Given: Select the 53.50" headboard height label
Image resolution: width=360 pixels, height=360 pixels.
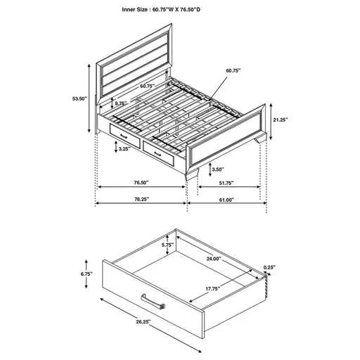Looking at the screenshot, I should coord(79,99).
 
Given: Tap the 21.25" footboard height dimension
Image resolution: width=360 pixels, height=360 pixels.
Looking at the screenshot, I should coord(280,119).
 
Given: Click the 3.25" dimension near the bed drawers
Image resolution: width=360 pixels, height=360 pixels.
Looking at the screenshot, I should coord(124,149).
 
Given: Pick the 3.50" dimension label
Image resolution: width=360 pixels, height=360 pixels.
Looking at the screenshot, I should coord(217,170).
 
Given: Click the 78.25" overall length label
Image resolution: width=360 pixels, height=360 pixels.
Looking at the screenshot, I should coord(141,200).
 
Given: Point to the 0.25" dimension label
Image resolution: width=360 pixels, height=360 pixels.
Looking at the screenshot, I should coord(269,267).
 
